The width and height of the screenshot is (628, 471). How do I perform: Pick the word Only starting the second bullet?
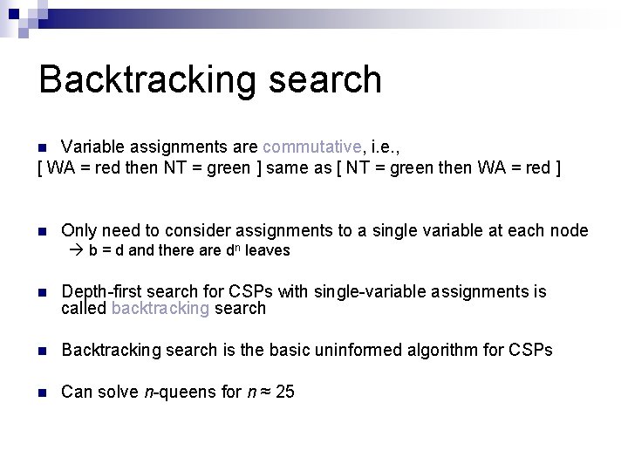[x=78, y=230]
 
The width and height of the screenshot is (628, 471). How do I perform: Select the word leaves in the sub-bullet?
[x=268, y=250]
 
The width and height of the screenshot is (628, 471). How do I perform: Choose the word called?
[x=85, y=308]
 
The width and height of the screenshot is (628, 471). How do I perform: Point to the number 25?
[x=284, y=392]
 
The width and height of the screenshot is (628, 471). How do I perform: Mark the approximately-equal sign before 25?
[x=264, y=392]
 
